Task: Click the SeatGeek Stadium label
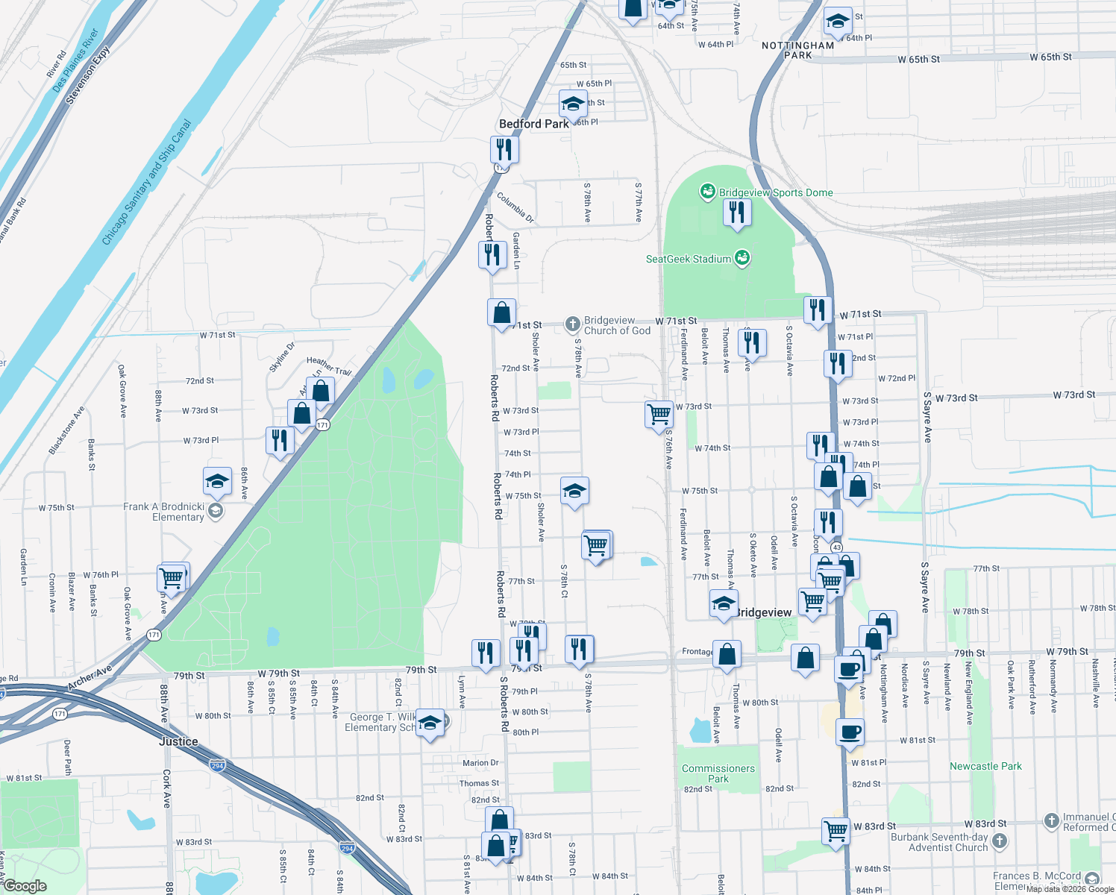[689, 260]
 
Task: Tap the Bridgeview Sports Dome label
[776, 192]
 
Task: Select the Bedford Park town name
[533, 124]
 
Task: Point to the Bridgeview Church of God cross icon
[572, 324]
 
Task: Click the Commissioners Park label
[718, 773]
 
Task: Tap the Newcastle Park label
[985, 766]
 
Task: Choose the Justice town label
[178, 741]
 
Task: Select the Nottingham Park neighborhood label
[797, 50]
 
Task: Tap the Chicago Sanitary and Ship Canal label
[147, 183]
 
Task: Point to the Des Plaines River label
[75, 60]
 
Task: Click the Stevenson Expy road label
[88, 75]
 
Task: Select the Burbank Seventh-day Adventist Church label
[939, 842]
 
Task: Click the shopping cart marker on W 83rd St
[836, 829]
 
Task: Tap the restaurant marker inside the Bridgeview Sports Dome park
[737, 213]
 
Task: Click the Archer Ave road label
[90, 677]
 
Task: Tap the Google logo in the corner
[25, 886]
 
